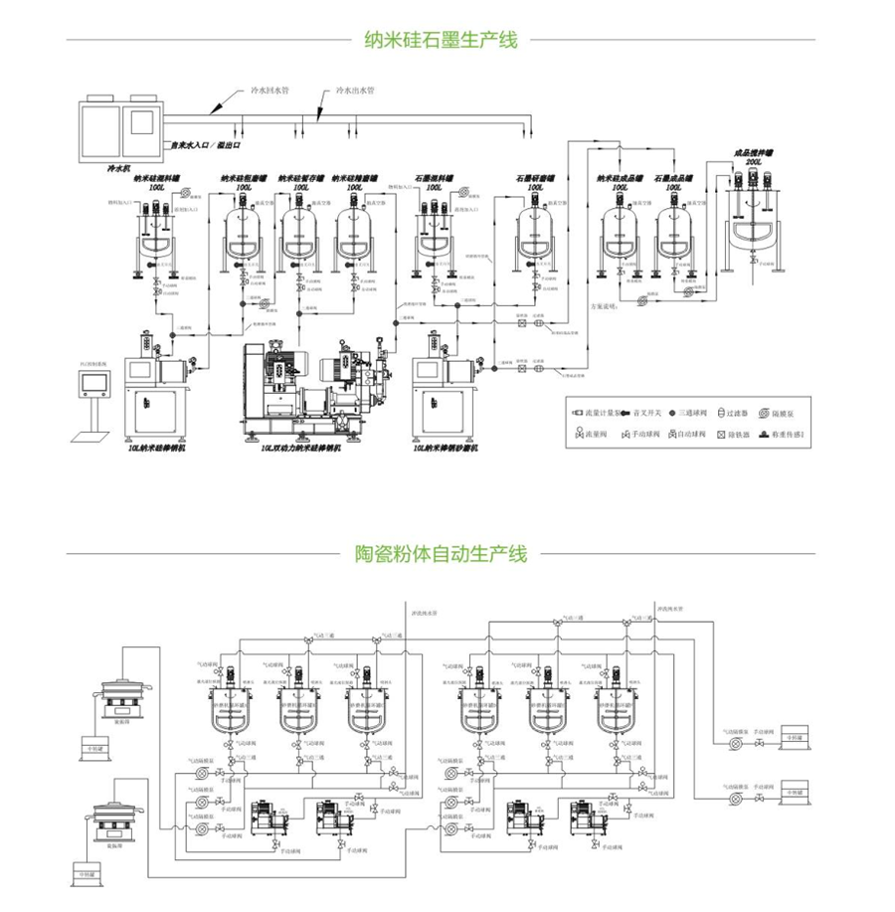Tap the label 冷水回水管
coord(269,90)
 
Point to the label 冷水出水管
coord(355,90)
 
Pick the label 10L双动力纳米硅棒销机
coord(300,449)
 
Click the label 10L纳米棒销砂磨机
coord(451,449)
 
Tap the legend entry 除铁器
coord(738,434)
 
